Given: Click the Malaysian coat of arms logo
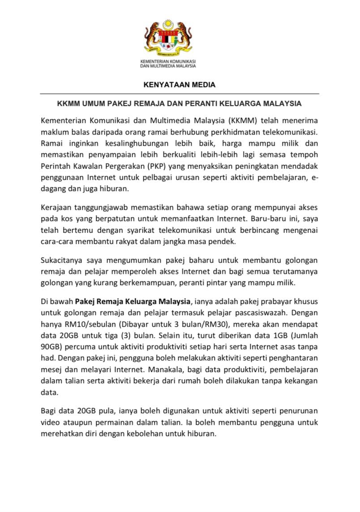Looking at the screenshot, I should coord(168,38).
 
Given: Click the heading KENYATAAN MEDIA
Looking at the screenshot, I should coord(179,84).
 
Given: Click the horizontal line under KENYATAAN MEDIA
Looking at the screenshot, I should coord(179,94).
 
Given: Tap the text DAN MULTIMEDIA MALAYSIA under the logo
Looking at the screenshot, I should coord(168,65).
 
